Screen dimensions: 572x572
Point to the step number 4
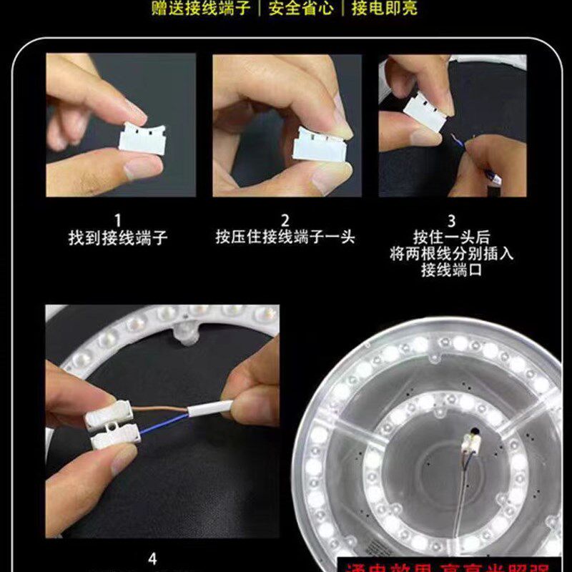(152, 556)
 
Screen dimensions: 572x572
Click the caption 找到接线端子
(118, 237)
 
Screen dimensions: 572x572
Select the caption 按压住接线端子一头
(285, 237)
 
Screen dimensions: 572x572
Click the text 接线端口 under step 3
(452, 270)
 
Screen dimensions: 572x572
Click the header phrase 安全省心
(304, 9)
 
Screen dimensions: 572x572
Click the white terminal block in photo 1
(145, 137)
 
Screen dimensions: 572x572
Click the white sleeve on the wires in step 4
(209, 410)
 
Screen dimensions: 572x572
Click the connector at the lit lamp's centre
(473, 443)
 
